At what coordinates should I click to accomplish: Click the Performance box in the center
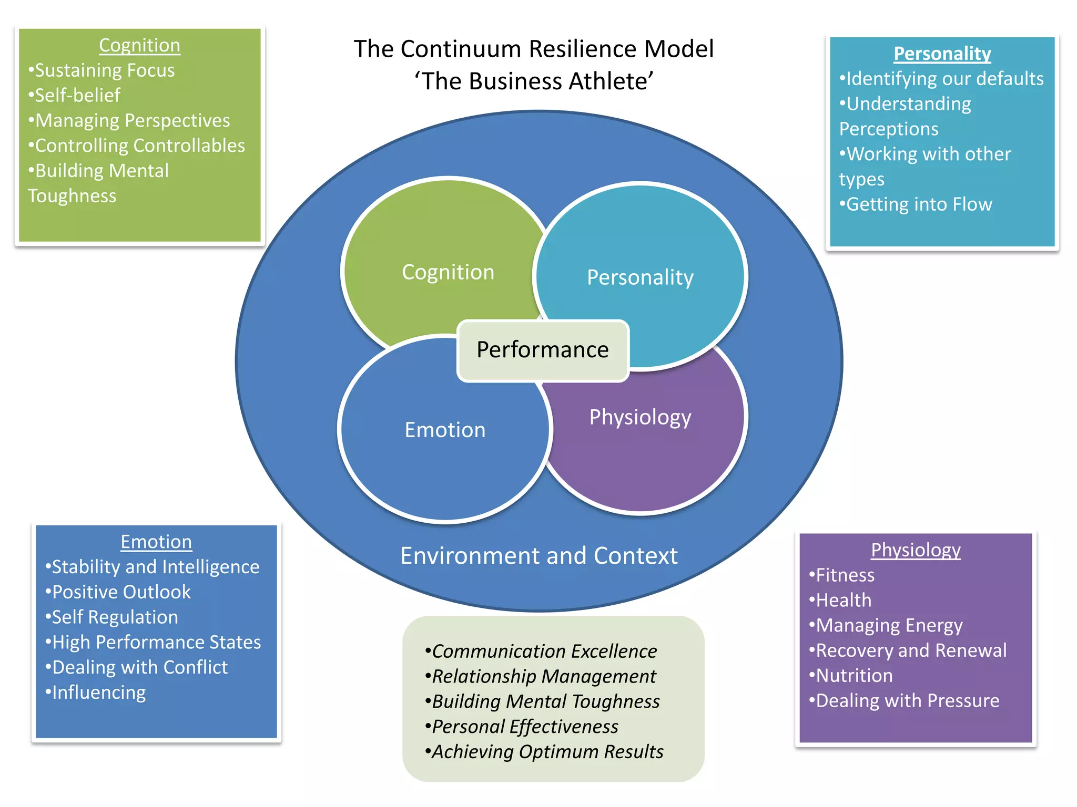pyautogui.click(x=543, y=350)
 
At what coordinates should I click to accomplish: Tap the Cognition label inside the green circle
pyautogui.click(x=448, y=272)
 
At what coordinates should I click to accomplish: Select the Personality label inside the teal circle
pyautogui.click(x=640, y=277)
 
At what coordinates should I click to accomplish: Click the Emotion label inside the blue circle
pyautogui.click(x=445, y=430)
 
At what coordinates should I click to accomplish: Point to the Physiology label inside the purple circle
pyautogui.click(x=640, y=417)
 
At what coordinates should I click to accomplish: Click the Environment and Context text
pyautogui.click(x=539, y=556)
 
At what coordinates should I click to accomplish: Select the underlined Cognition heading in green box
pyautogui.click(x=139, y=46)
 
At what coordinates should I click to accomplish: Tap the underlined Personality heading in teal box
pyautogui.click(x=942, y=54)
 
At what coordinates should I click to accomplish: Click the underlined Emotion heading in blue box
pyautogui.click(x=156, y=542)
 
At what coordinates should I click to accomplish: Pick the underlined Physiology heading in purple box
pyautogui.click(x=916, y=550)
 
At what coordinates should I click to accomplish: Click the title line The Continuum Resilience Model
pyautogui.click(x=533, y=49)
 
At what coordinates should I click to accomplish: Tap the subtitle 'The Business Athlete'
pyautogui.click(x=533, y=81)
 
